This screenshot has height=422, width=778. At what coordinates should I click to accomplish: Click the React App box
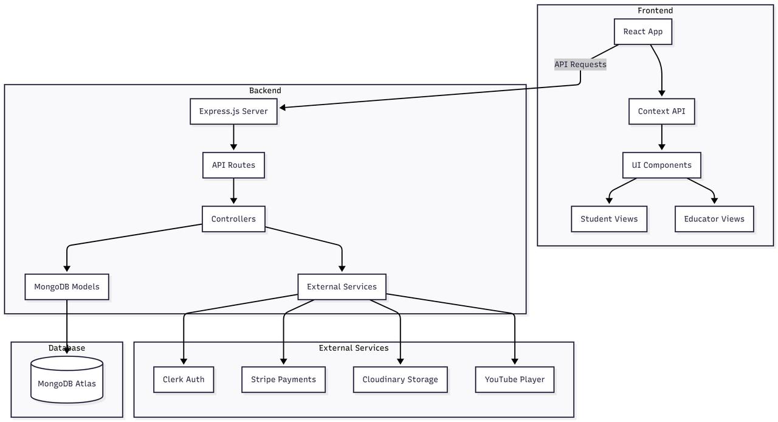[x=643, y=32]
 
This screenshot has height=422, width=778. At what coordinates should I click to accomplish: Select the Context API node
[x=662, y=111]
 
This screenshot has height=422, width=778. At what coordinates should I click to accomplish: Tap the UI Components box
[x=662, y=165]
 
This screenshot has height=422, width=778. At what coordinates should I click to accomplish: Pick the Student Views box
[x=609, y=219]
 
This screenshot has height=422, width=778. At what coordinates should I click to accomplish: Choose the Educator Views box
[x=714, y=219]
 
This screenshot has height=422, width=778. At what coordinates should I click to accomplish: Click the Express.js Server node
[x=233, y=111]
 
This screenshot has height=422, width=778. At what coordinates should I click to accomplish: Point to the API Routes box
[x=233, y=165]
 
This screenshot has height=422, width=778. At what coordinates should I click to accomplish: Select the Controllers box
[x=233, y=219]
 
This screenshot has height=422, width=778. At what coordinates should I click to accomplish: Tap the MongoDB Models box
[x=67, y=287]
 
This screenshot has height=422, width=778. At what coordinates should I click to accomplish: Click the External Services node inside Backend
[x=342, y=287]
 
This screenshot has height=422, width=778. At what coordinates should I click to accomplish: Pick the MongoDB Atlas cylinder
[x=67, y=379]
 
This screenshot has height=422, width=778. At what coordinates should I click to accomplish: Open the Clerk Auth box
[x=184, y=379]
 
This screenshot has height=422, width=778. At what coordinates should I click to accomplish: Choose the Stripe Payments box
[x=283, y=379]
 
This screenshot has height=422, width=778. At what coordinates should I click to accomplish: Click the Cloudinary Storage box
[x=400, y=379]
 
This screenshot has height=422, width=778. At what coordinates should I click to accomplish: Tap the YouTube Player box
[x=515, y=379]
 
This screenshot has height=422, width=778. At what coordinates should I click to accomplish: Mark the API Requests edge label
[x=580, y=64]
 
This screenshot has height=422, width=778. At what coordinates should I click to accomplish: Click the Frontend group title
[x=655, y=11]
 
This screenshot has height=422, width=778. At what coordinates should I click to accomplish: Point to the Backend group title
[x=265, y=91]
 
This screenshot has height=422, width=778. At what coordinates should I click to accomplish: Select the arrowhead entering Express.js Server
[x=283, y=108]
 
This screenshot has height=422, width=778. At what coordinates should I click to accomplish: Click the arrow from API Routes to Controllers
[x=233, y=191]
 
